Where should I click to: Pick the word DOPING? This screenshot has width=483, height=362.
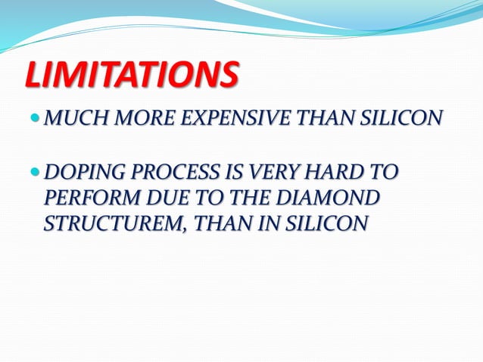78,173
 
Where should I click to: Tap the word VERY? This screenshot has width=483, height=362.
260,173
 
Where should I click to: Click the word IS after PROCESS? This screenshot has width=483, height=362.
222,173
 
